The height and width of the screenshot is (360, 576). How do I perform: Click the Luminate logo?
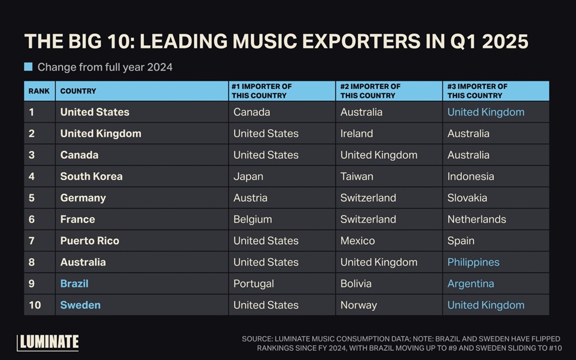tap(48, 342)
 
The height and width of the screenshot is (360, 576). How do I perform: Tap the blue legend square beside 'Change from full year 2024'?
tap(28, 67)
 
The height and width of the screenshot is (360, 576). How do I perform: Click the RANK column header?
tap(39, 91)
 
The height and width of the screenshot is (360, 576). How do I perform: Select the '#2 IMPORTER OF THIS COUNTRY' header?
tap(370, 91)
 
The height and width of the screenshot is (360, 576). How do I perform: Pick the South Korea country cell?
tap(91, 176)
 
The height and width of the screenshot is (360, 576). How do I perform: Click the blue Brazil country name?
tap(74, 283)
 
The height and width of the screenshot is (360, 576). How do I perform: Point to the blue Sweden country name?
tap(80, 305)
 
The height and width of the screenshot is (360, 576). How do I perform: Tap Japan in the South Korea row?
tap(248, 176)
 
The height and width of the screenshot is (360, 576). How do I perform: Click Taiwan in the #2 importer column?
tap(356, 176)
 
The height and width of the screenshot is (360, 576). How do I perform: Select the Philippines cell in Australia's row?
tap(473, 262)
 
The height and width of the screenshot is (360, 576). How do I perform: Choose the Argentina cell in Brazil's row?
tap(471, 283)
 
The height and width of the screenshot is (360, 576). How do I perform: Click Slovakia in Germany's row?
tap(467, 197)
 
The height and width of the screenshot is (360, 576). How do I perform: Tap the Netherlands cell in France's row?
tap(476, 219)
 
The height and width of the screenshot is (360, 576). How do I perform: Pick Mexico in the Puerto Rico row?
tap(358, 241)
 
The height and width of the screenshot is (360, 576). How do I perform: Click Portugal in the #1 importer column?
tap(254, 283)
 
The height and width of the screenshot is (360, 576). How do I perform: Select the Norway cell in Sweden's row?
tap(359, 305)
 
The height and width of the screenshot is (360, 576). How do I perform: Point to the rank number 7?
tap(32, 241)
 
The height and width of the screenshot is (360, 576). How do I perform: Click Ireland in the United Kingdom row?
tap(356, 133)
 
